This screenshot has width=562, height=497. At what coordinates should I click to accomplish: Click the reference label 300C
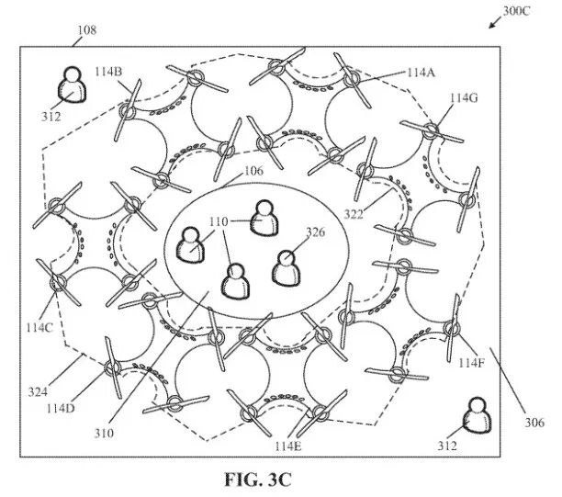pos(516,11)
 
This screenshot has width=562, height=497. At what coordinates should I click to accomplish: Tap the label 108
pos(87,29)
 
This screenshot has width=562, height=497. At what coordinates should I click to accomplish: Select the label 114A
pos(421,73)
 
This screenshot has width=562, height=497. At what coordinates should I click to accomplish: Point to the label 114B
pos(108,72)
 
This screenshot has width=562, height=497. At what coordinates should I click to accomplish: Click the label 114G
pos(464,97)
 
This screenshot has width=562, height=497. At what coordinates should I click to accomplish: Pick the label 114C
pos(39,327)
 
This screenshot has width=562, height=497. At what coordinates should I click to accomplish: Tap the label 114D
pos(61,408)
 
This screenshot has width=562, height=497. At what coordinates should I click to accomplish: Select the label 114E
pos(288,446)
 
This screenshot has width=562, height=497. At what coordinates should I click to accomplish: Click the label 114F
pos(472,363)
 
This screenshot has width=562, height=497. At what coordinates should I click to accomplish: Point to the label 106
pos(253,171)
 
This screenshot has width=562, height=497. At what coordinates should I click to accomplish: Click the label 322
pos(354,214)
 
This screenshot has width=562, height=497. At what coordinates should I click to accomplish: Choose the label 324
pos(38,392)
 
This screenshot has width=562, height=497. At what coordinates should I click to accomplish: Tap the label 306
pos(534,423)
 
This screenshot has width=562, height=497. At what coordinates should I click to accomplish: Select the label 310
pos(104,434)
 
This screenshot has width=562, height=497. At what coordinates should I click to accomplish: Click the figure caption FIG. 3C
pos(258,480)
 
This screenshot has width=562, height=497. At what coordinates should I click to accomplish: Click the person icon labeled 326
pos(286,268)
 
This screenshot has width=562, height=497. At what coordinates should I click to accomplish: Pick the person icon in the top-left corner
pos(73,85)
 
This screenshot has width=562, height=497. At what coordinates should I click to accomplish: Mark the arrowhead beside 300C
pos(492,25)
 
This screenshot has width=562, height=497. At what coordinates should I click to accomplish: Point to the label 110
pos(219,222)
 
